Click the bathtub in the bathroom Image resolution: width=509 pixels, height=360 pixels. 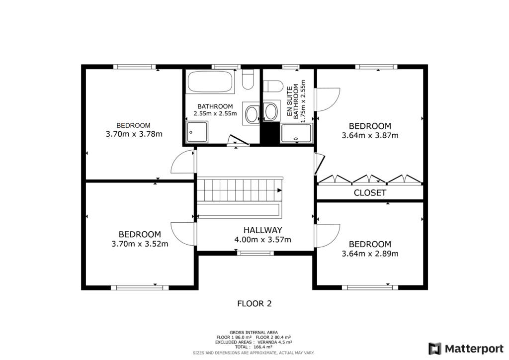tap(210, 82)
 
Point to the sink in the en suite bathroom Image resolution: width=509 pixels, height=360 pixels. tap(271, 111)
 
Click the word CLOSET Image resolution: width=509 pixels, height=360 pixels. tap(370, 193)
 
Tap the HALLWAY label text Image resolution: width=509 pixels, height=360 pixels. tap(262, 230)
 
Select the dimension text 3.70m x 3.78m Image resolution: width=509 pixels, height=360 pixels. tap(134, 134)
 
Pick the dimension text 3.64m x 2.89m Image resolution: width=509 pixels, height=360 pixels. tap(370, 254)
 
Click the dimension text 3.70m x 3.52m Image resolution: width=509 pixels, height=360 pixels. tap(139, 244)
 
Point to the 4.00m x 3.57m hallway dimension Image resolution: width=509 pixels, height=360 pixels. tap(262, 240)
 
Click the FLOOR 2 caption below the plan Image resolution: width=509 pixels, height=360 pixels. tap(254, 303)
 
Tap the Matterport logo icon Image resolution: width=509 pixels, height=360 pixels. tap(435, 348)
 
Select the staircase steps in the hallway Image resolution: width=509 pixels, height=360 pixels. tap(239, 189)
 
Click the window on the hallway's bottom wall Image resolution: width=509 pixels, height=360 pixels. tap(255, 253)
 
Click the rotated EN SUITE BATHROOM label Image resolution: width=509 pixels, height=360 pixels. tap(295, 101)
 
